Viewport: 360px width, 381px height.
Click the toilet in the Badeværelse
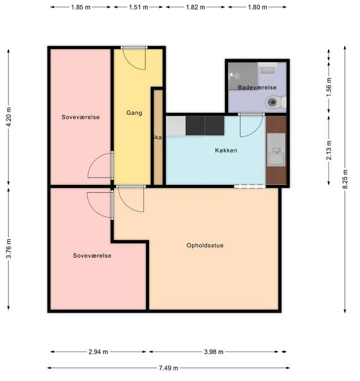pyautogui.click(x=275, y=104)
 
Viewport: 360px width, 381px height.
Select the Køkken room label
pyautogui.click(x=226, y=150)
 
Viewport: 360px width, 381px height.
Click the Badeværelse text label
pyautogui.click(x=257, y=88)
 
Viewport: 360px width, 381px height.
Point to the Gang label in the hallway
pyautogui.click(x=134, y=113)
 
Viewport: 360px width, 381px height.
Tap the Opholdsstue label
pyautogui.click(x=205, y=246)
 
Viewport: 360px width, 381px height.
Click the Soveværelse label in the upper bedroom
pyautogui.click(x=80, y=116)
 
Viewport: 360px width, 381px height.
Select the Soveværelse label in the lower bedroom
pyautogui.click(x=91, y=255)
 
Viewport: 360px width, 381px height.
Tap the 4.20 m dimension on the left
pyautogui.click(x=8, y=116)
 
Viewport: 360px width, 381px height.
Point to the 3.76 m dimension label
pyautogui.click(x=8, y=249)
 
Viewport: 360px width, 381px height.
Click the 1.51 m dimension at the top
pyautogui.click(x=139, y=7)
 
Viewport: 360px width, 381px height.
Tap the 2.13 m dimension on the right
pyautogui.click(x=329, y=149)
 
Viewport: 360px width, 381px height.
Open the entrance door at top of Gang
pyautogui.click(x=134, y=48)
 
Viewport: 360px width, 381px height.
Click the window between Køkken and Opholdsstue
pyautogui.click(x=249, y=186)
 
